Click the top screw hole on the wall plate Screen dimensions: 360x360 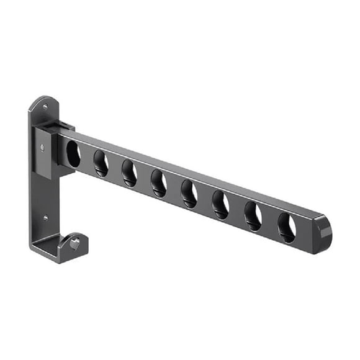click(45, 107)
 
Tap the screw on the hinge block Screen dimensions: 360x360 click(42, 148)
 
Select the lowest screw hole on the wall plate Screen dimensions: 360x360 click(45, 218)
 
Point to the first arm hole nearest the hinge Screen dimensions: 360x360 click(73, 153)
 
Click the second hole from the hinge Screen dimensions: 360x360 click(101, 164)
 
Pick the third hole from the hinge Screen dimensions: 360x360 click(129, 173)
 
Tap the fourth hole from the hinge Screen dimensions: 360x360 click(158, 184)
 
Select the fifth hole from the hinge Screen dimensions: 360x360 click(189, 194)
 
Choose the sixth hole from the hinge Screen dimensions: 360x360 click(220, 205)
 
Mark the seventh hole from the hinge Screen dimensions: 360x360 click(253, 216)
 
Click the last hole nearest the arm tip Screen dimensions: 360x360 click(286, 227)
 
